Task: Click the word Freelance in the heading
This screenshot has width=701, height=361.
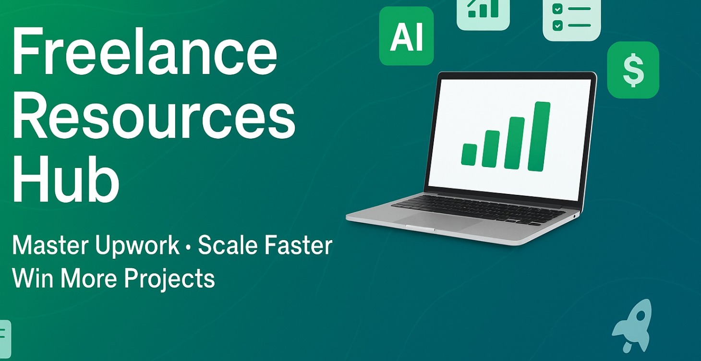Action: coord(145,51)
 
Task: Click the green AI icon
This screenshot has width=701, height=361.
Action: coord(407,36)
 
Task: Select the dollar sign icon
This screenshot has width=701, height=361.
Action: coord(633,70)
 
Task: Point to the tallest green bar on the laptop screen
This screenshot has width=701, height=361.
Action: coord(539,136)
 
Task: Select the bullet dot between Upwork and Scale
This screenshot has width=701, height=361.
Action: coord(188,247)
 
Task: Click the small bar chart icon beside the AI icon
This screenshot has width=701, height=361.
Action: coord(483,12)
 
